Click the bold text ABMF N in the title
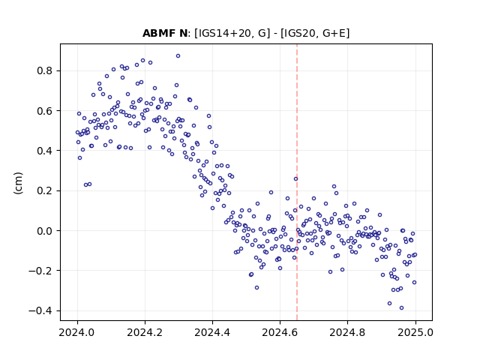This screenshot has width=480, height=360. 165,33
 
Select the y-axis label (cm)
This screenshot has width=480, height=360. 18,183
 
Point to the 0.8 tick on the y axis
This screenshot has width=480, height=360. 45,70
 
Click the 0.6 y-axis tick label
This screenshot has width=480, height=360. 45,111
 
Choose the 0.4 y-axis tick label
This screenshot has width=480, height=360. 45,151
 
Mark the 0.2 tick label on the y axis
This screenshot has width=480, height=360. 45,190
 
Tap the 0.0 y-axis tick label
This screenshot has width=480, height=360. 45,231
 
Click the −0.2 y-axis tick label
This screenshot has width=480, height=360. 40,271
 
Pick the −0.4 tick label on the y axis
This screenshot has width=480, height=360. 40,310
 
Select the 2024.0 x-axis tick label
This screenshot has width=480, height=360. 77,332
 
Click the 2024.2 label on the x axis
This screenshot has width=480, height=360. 145,332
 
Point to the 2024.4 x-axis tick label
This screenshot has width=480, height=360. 212,332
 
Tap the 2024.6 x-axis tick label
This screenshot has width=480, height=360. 280,332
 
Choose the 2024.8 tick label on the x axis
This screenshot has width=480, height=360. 347,332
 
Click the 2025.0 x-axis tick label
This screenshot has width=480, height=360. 415,332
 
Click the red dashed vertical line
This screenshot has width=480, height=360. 297,182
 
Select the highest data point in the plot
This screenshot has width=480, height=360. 178,56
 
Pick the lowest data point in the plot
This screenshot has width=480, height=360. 402,308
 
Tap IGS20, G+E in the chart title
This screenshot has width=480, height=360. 315,33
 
